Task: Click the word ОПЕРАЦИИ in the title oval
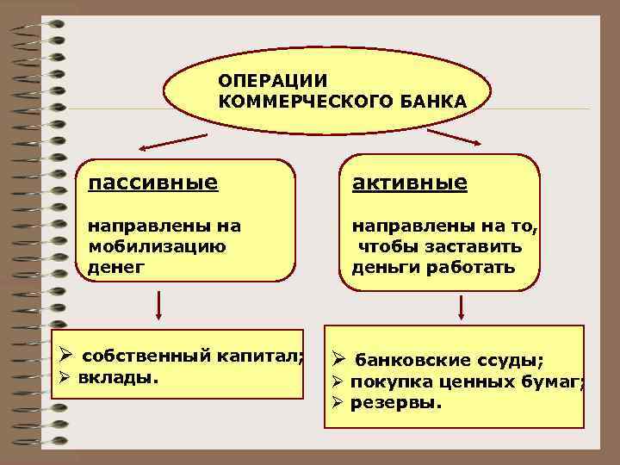(x=272, y=81)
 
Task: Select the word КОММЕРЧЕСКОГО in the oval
(x=305, y=102)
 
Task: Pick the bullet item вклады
(x=118, y=377)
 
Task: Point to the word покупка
(x=385, y=381)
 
